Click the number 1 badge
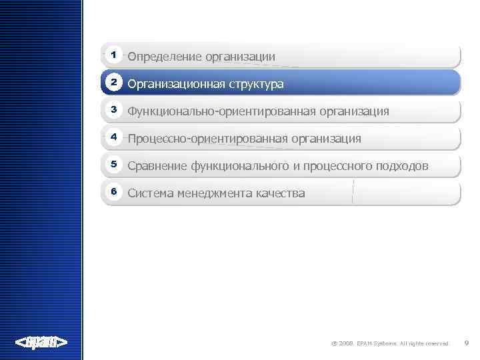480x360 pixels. (x=114, y=54)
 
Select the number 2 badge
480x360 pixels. (x=114, y=82)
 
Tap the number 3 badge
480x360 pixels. (x=114, y=109)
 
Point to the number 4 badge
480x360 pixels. (x=114, y=137)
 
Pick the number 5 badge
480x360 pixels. (x=114, y=164)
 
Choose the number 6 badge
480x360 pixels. (x=114, y=192)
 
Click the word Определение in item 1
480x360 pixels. (x=164, y=57)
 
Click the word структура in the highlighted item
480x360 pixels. (x=252, y=85)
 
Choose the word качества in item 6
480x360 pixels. (x=280, y=193)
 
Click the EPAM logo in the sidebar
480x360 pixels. (x=41, y=343)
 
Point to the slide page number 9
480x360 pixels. (x=467, y=343)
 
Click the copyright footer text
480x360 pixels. (x=390, y=344)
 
